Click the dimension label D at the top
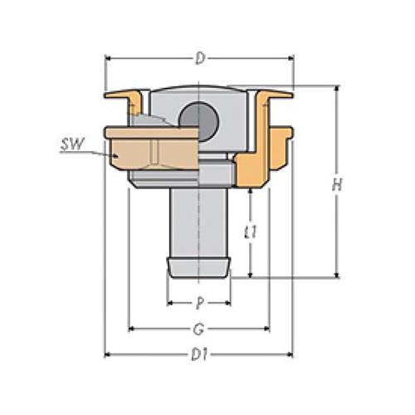[200, 59]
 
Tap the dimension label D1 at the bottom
[200, 354]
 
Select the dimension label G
[198, 329]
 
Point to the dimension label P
[199, 303]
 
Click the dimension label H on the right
[337, 184]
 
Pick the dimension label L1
[251, 232]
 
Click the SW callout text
[72, 144]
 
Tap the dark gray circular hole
[198, 121]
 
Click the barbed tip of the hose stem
[198, 268]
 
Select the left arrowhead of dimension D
[109, 59]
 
